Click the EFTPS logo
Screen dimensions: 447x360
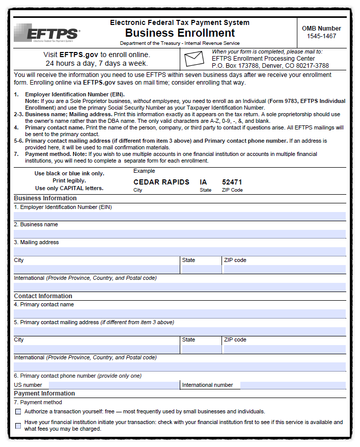coord(47,34)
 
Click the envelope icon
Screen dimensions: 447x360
coord(194,59)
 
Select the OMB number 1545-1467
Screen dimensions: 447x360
coord(321,36)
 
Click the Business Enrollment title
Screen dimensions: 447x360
coord(180,33)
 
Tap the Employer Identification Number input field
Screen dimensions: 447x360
coord(179,216)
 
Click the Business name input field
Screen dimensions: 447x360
coord(179,234)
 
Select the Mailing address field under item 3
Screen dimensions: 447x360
coord(179,252)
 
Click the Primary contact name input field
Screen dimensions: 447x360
coord(179,313)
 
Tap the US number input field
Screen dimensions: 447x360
coord(114,385)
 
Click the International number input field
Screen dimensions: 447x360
coord(293,385)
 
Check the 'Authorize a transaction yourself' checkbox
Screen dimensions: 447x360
coord(18,411)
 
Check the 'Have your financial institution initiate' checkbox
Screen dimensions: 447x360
coord(18,426)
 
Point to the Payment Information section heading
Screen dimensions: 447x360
coord(44,393)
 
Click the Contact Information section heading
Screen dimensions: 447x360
coord(43,296)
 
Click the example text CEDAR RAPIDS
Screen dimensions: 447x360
coord(161,182)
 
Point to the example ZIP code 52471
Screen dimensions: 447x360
coord(232,182)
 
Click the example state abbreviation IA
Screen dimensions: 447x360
coord(204,182)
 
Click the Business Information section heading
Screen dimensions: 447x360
coord(45,198)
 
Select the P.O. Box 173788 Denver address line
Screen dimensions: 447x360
coord(270,66)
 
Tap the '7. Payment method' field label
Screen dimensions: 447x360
coord(38,402)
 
